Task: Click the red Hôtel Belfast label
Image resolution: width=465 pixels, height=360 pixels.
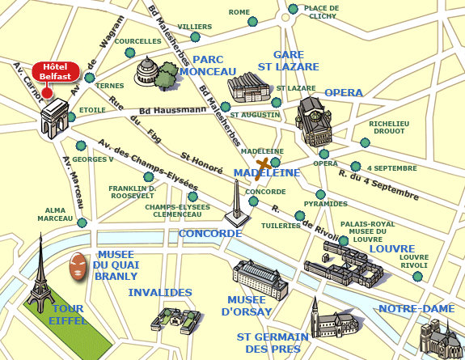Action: (x=55, y=72)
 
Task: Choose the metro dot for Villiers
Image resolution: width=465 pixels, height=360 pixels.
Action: (x=195, y=36)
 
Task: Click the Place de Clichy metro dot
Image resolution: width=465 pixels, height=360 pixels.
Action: (x=292, y=11)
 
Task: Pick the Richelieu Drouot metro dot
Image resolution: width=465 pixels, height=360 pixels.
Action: (x=365, y=142)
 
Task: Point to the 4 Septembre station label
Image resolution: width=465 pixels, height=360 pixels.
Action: (x=391, y=167)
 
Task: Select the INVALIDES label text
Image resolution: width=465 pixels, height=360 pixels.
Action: (x=160, y=292)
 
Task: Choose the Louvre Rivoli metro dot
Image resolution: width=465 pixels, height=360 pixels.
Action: (x=418, y=277)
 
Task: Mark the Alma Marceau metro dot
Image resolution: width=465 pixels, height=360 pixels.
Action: (x=81, y=222)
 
